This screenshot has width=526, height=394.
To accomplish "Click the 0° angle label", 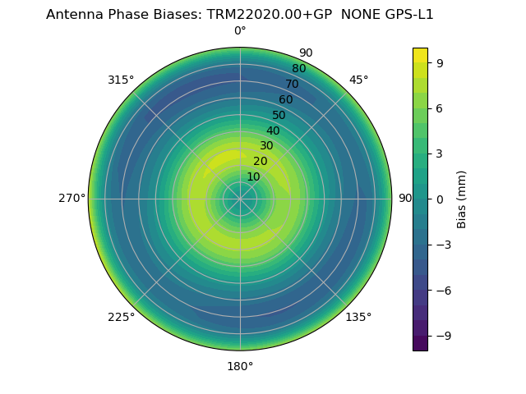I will tap(240, 31).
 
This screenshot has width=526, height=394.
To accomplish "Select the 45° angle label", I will tap(358, 80).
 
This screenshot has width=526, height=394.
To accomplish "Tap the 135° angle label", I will tap(358, 317).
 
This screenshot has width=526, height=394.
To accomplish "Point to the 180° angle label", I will tap(240, 366).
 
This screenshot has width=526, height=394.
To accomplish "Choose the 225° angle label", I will tap(121, 317).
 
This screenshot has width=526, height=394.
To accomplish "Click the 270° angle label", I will tap(72, 198).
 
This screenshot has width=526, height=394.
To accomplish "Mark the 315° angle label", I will tap(121, 80).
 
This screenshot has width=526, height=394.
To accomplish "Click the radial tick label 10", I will tap(253, 176).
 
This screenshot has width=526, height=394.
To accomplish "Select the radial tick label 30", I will tap(266, 146).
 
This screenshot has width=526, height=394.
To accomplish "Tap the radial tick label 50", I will tap(279, 116).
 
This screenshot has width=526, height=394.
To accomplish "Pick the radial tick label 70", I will tap(292, 85).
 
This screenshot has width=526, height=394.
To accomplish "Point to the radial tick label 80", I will tap(298, 69).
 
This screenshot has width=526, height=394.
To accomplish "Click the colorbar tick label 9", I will tap(440, 62).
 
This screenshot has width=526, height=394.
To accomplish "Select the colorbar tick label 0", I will tap(440, 199).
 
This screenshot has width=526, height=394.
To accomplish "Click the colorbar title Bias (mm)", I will tap(462, 199).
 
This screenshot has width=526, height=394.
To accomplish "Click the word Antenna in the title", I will tap(72, 14).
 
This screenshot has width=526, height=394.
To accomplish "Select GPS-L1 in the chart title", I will tap(408, 14).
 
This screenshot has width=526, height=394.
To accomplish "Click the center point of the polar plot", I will tap(240, 199).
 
